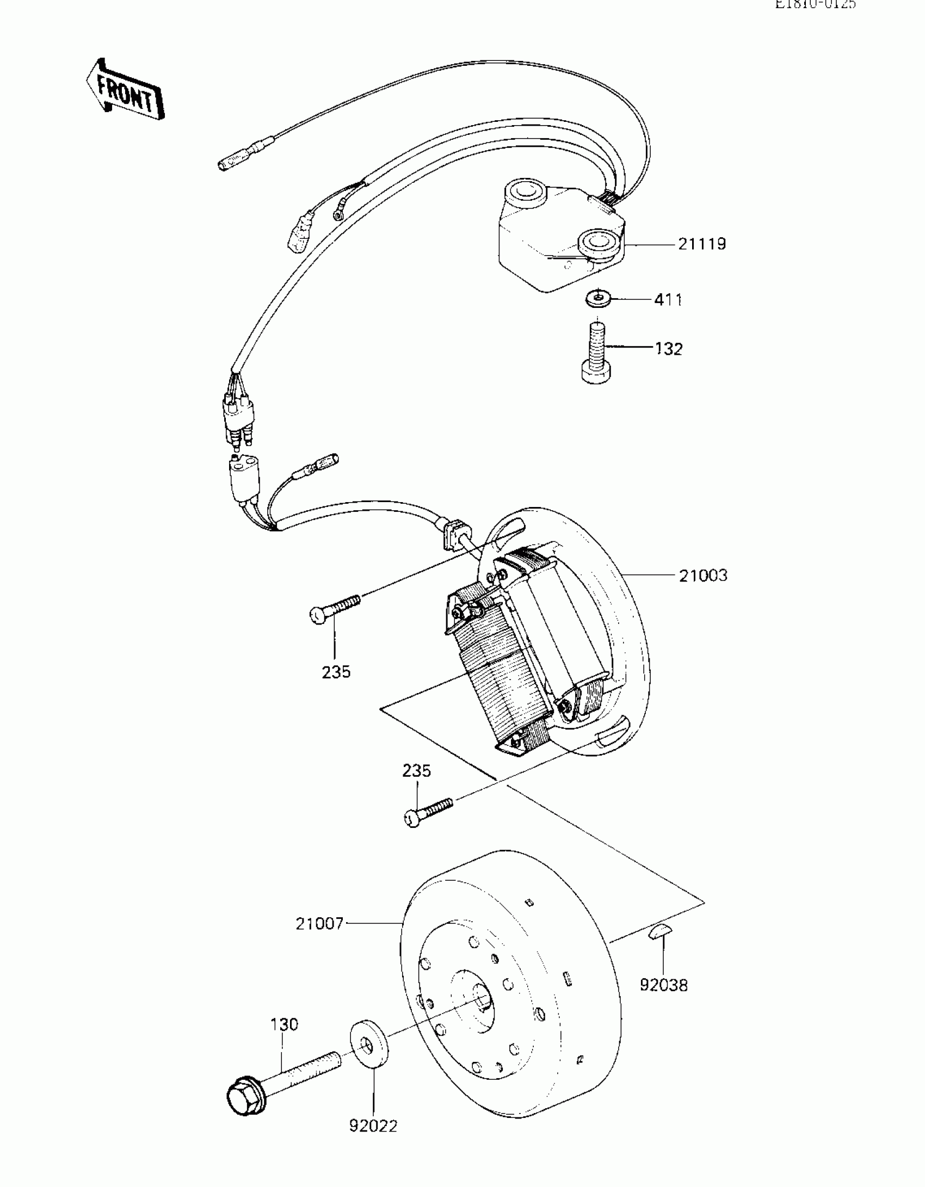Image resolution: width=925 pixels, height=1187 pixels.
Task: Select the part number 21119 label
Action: (x=702, y=244)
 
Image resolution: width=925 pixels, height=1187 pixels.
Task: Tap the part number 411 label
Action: (x=668, y=300)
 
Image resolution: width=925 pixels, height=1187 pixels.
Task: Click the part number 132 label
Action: (x=669, y=349)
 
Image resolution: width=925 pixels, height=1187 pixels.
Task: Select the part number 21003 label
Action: (x=703, y=575)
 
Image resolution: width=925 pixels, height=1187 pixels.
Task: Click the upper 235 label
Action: (x=336, y=672)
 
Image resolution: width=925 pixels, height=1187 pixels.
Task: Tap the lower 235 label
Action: (x=417, y=771)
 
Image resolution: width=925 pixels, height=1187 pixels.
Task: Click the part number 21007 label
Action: (x=319, y=924)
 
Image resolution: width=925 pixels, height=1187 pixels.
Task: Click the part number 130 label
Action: (x=284, y=1025)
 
